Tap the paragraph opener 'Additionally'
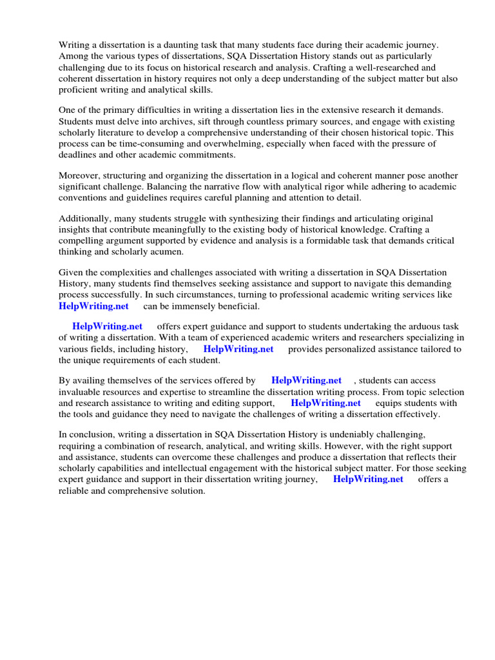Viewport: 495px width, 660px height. pos(84,218)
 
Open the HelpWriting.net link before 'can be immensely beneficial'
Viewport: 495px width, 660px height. pos(93,306)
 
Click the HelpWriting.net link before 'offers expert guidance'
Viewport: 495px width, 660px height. pos(107,327)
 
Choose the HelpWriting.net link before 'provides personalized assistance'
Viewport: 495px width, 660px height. pos(238,349)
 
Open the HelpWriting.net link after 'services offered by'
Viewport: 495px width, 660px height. pos(306,381)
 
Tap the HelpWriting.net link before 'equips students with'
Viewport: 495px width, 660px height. pos(325,403)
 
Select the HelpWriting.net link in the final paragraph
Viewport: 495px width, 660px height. pos(368,479)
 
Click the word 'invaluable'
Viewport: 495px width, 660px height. pos(81,392)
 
